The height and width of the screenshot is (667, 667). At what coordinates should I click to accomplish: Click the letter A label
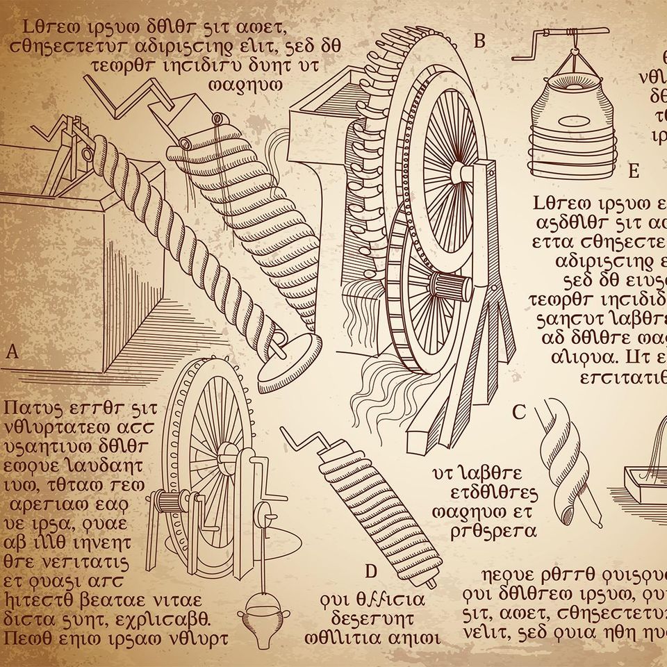(x=11, y=352)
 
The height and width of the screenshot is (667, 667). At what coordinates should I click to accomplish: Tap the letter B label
(x=479, y=41)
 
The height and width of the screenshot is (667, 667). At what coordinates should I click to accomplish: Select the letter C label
(x=518, y=413)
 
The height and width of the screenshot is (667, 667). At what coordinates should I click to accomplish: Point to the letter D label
(x=370, y=572)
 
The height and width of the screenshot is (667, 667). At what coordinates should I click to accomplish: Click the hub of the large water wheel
(x=459, y=172)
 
